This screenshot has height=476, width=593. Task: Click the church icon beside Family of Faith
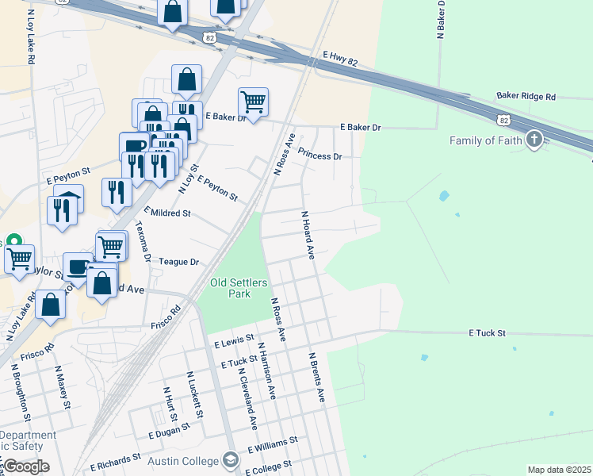(535, 140)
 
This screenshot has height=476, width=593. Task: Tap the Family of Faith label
(484, 141)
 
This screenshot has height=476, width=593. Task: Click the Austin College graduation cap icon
(231, 460)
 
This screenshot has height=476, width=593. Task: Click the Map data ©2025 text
(560, 470)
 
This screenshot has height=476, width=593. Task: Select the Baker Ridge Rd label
(526, 96)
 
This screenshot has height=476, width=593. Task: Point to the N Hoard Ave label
(308, 234)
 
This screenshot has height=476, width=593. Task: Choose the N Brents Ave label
(317, 378)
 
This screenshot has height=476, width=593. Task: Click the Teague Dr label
(178, 261)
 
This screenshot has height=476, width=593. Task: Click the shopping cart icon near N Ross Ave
(253, 102)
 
